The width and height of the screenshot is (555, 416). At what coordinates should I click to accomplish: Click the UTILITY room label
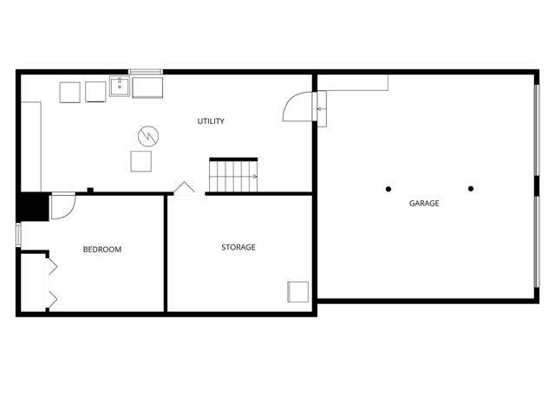click(x=211, y=121)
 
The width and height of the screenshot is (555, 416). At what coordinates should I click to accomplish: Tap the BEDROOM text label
click(x=102, y=250)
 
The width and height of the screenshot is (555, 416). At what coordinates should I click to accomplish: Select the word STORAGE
click(x=238, y=248)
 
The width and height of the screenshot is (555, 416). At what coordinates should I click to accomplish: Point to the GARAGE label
click(x=424, y=204)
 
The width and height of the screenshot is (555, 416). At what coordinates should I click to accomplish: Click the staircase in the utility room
click(x=233, y=176)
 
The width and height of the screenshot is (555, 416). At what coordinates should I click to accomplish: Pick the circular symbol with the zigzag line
click(x=147, y=136)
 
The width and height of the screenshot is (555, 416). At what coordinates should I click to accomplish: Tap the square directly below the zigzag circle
click(x=140, y=161)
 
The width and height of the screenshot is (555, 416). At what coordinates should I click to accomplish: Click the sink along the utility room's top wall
click(x=120, y=87)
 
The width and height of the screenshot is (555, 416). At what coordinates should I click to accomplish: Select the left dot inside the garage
click(x=388, y=188)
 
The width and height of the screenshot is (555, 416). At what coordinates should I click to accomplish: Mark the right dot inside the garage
click(x=471, y=188)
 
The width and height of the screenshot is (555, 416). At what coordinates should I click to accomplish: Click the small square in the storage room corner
click(x=298, y=291)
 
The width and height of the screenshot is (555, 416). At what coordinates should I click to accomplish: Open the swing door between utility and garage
click(x=297, y=107)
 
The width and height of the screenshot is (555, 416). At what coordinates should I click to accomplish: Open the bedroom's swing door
click(x=62, y=206)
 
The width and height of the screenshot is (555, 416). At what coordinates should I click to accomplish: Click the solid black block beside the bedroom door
click(x=33, y=208)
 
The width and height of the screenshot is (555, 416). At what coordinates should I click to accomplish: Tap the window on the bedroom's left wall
click(x=18, y=235)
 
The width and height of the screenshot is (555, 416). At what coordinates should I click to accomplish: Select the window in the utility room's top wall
click(x=145, y=71)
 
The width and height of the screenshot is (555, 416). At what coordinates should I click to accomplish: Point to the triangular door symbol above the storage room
click(x=185, y=188)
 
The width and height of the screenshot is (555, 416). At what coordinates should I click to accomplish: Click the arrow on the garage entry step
click(x=321, y=109)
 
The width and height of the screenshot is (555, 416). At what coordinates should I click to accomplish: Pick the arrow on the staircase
click(x=253, y=177)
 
